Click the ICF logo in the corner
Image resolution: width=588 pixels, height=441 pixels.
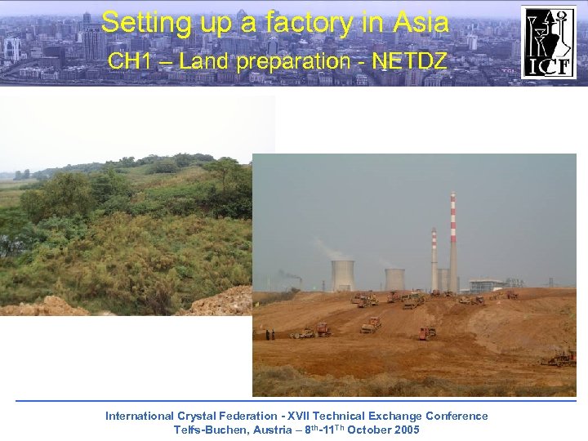tap(549, 42)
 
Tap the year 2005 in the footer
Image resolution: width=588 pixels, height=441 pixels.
tap(406, 430)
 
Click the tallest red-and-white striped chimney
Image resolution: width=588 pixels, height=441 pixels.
tap(453, 241)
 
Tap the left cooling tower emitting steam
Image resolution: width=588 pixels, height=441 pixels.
tap(343, 274)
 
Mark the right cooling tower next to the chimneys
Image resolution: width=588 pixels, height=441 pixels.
tap(395, 278)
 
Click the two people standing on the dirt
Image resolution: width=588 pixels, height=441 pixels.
tap(269, 334)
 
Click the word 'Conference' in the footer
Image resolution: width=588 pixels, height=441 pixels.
tap(457, 416)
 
